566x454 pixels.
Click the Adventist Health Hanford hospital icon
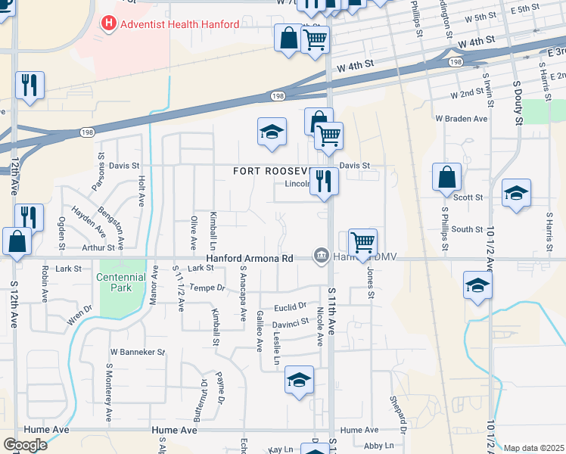(x=110, y=24)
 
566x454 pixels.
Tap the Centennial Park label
(x=120, y=284)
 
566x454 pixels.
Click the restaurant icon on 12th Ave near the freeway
(x=29, y=85)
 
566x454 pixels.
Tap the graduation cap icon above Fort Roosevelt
(x=272, y=133)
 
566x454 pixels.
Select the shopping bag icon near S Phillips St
(x=447, y=177)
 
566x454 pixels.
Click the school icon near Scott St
(x=516, y=194)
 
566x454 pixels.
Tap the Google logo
(x=25, y=444)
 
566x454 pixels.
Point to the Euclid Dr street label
(x=291, y=306)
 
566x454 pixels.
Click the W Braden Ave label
(x=461, y=119)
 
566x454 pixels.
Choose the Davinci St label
(x=291, y=321)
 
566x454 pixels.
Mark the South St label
(x=468, y=229)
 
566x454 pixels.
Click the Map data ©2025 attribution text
(x=533, y=448)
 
